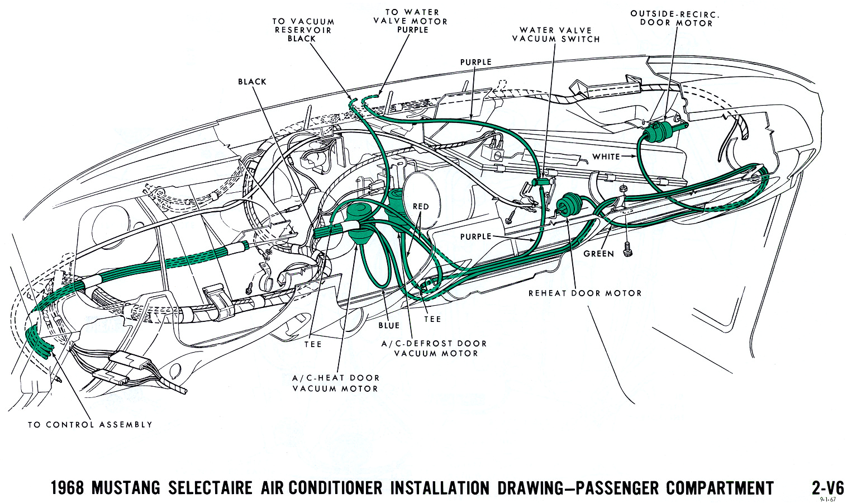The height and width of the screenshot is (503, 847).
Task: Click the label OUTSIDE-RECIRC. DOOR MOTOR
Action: [x=674, y=18]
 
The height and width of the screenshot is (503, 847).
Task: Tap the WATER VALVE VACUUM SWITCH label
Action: [x=555, y=35]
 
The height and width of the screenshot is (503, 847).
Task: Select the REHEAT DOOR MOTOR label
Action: [x=585, y=293]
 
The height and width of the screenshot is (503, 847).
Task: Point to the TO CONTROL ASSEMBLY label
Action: [x=90, y=425]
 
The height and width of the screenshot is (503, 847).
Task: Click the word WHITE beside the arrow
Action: [x=606, y=156]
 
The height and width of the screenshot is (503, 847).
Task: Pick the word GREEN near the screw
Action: [x=598, y=254]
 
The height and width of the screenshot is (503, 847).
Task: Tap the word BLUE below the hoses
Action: [x=389, y=325]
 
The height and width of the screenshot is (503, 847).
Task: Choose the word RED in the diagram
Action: [x=421, y=206]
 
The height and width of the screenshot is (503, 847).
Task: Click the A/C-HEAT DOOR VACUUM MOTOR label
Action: [x=335, y=383]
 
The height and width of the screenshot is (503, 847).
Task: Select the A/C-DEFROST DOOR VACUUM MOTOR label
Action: [x=434, y=348]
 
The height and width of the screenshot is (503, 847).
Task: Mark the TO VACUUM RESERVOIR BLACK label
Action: [x=303, y=30]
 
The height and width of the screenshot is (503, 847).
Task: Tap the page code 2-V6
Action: [x=827, y=487]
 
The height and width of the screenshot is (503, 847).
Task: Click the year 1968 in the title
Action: [x=67, y=488]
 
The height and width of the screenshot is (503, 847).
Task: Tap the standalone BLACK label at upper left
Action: [x=252, y=82]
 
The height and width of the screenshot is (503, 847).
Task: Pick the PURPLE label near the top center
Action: [x=475, y=62]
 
